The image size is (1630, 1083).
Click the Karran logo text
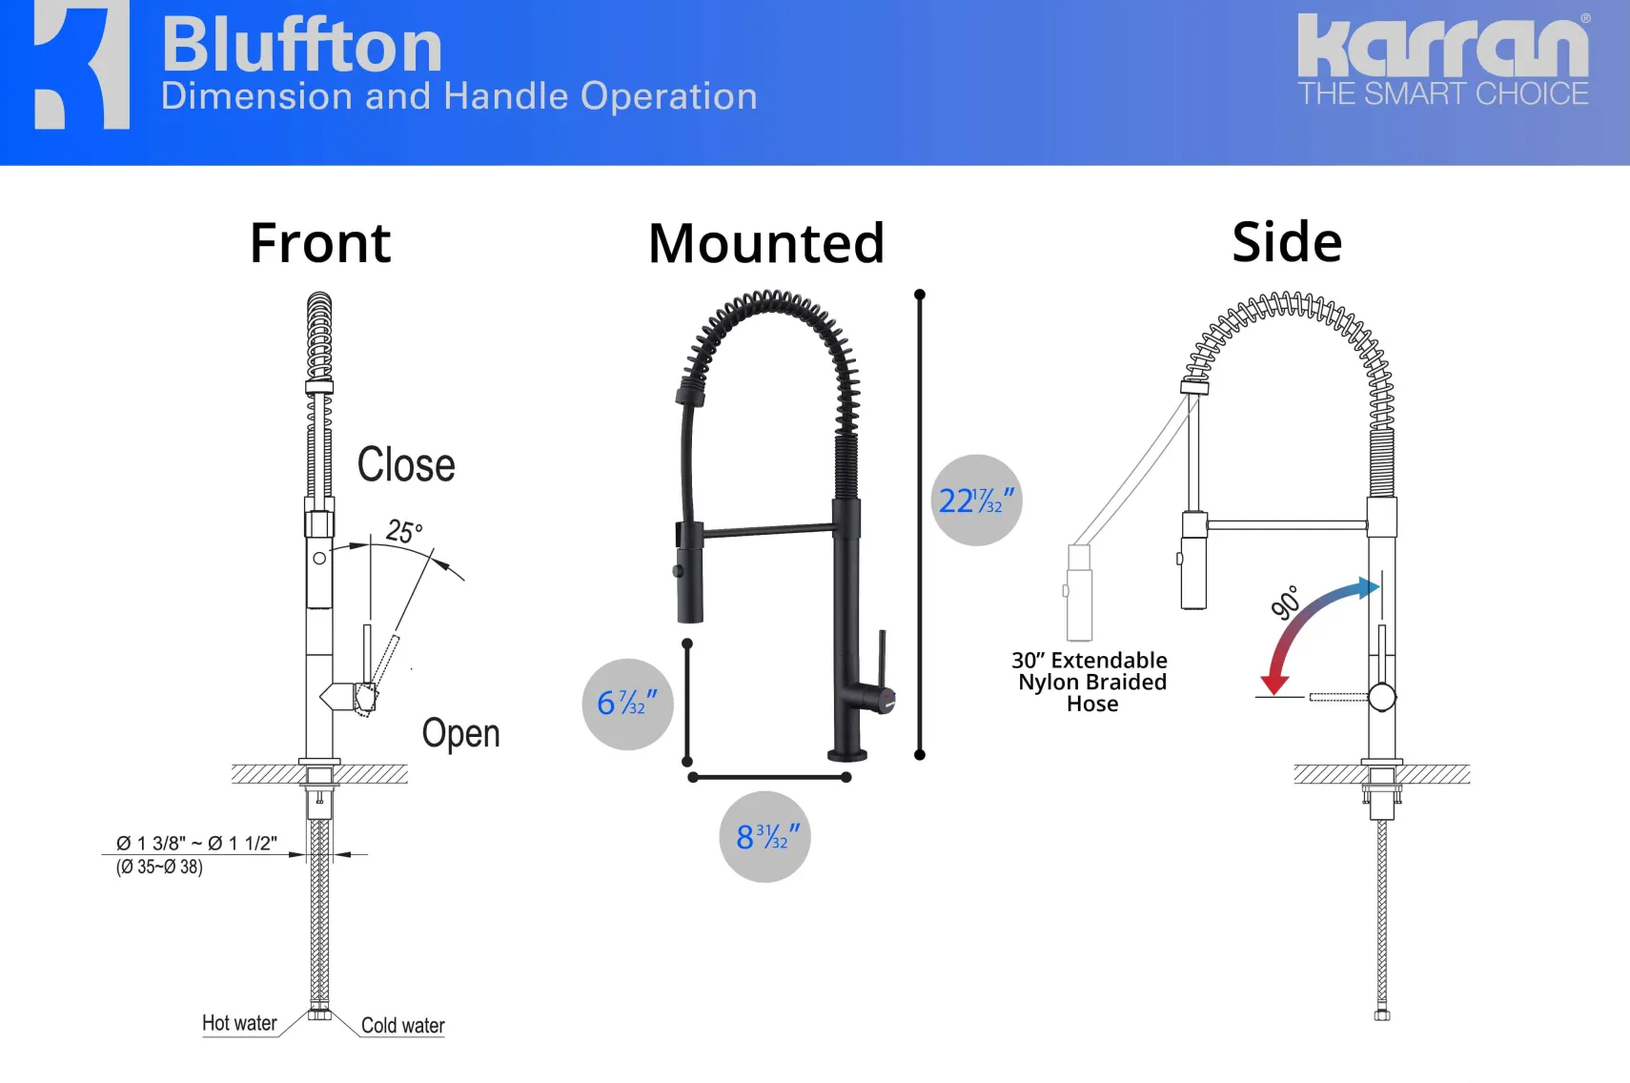point(1444,45)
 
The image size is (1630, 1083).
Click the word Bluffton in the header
point(301,45)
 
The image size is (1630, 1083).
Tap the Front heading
point(320,242)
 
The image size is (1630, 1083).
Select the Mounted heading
point(766,242)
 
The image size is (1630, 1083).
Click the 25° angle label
point(404,531)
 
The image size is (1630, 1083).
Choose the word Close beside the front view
point(406,464)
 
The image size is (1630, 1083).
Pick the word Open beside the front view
point(460,733)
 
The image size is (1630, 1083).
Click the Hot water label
point(239,1023)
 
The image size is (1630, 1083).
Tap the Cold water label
point(402,1025)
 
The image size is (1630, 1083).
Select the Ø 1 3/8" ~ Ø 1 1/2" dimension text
point(196,843)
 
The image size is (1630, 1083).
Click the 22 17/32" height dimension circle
point(976,500)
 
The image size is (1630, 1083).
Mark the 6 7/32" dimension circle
point(627,704)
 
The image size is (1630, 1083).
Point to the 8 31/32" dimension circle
point(764,837)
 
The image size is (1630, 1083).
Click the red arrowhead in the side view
point(1274,685)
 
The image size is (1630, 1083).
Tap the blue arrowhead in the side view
point(1368,587)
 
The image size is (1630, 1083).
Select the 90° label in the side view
point(1285,603)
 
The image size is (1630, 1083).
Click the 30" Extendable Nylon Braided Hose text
point(1090,682)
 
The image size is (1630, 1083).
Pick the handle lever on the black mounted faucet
point(882,659)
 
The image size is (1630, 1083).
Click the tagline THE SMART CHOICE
point(1444,93)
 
